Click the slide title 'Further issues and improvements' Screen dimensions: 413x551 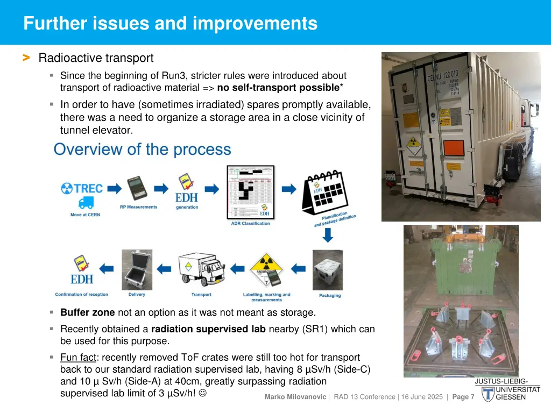pos(170,24)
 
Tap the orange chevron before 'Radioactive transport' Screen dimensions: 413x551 pos(25,58)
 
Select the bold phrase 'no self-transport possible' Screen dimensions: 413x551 pos(278,88)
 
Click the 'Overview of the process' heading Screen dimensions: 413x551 pos(142,149)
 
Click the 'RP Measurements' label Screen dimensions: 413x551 pos(138,207)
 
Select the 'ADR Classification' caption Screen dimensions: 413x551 pos(250,223)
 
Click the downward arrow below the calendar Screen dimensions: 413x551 pos(328,234)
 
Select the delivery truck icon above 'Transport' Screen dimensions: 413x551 pos(201,269)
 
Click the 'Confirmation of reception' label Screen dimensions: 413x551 pos(81,295)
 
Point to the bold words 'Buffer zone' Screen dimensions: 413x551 pos(87,312)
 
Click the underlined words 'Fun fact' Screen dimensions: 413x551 pos(77,357)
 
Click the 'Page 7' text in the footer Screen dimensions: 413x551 pos(463,397)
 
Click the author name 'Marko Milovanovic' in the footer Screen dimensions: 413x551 pos(295,397)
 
